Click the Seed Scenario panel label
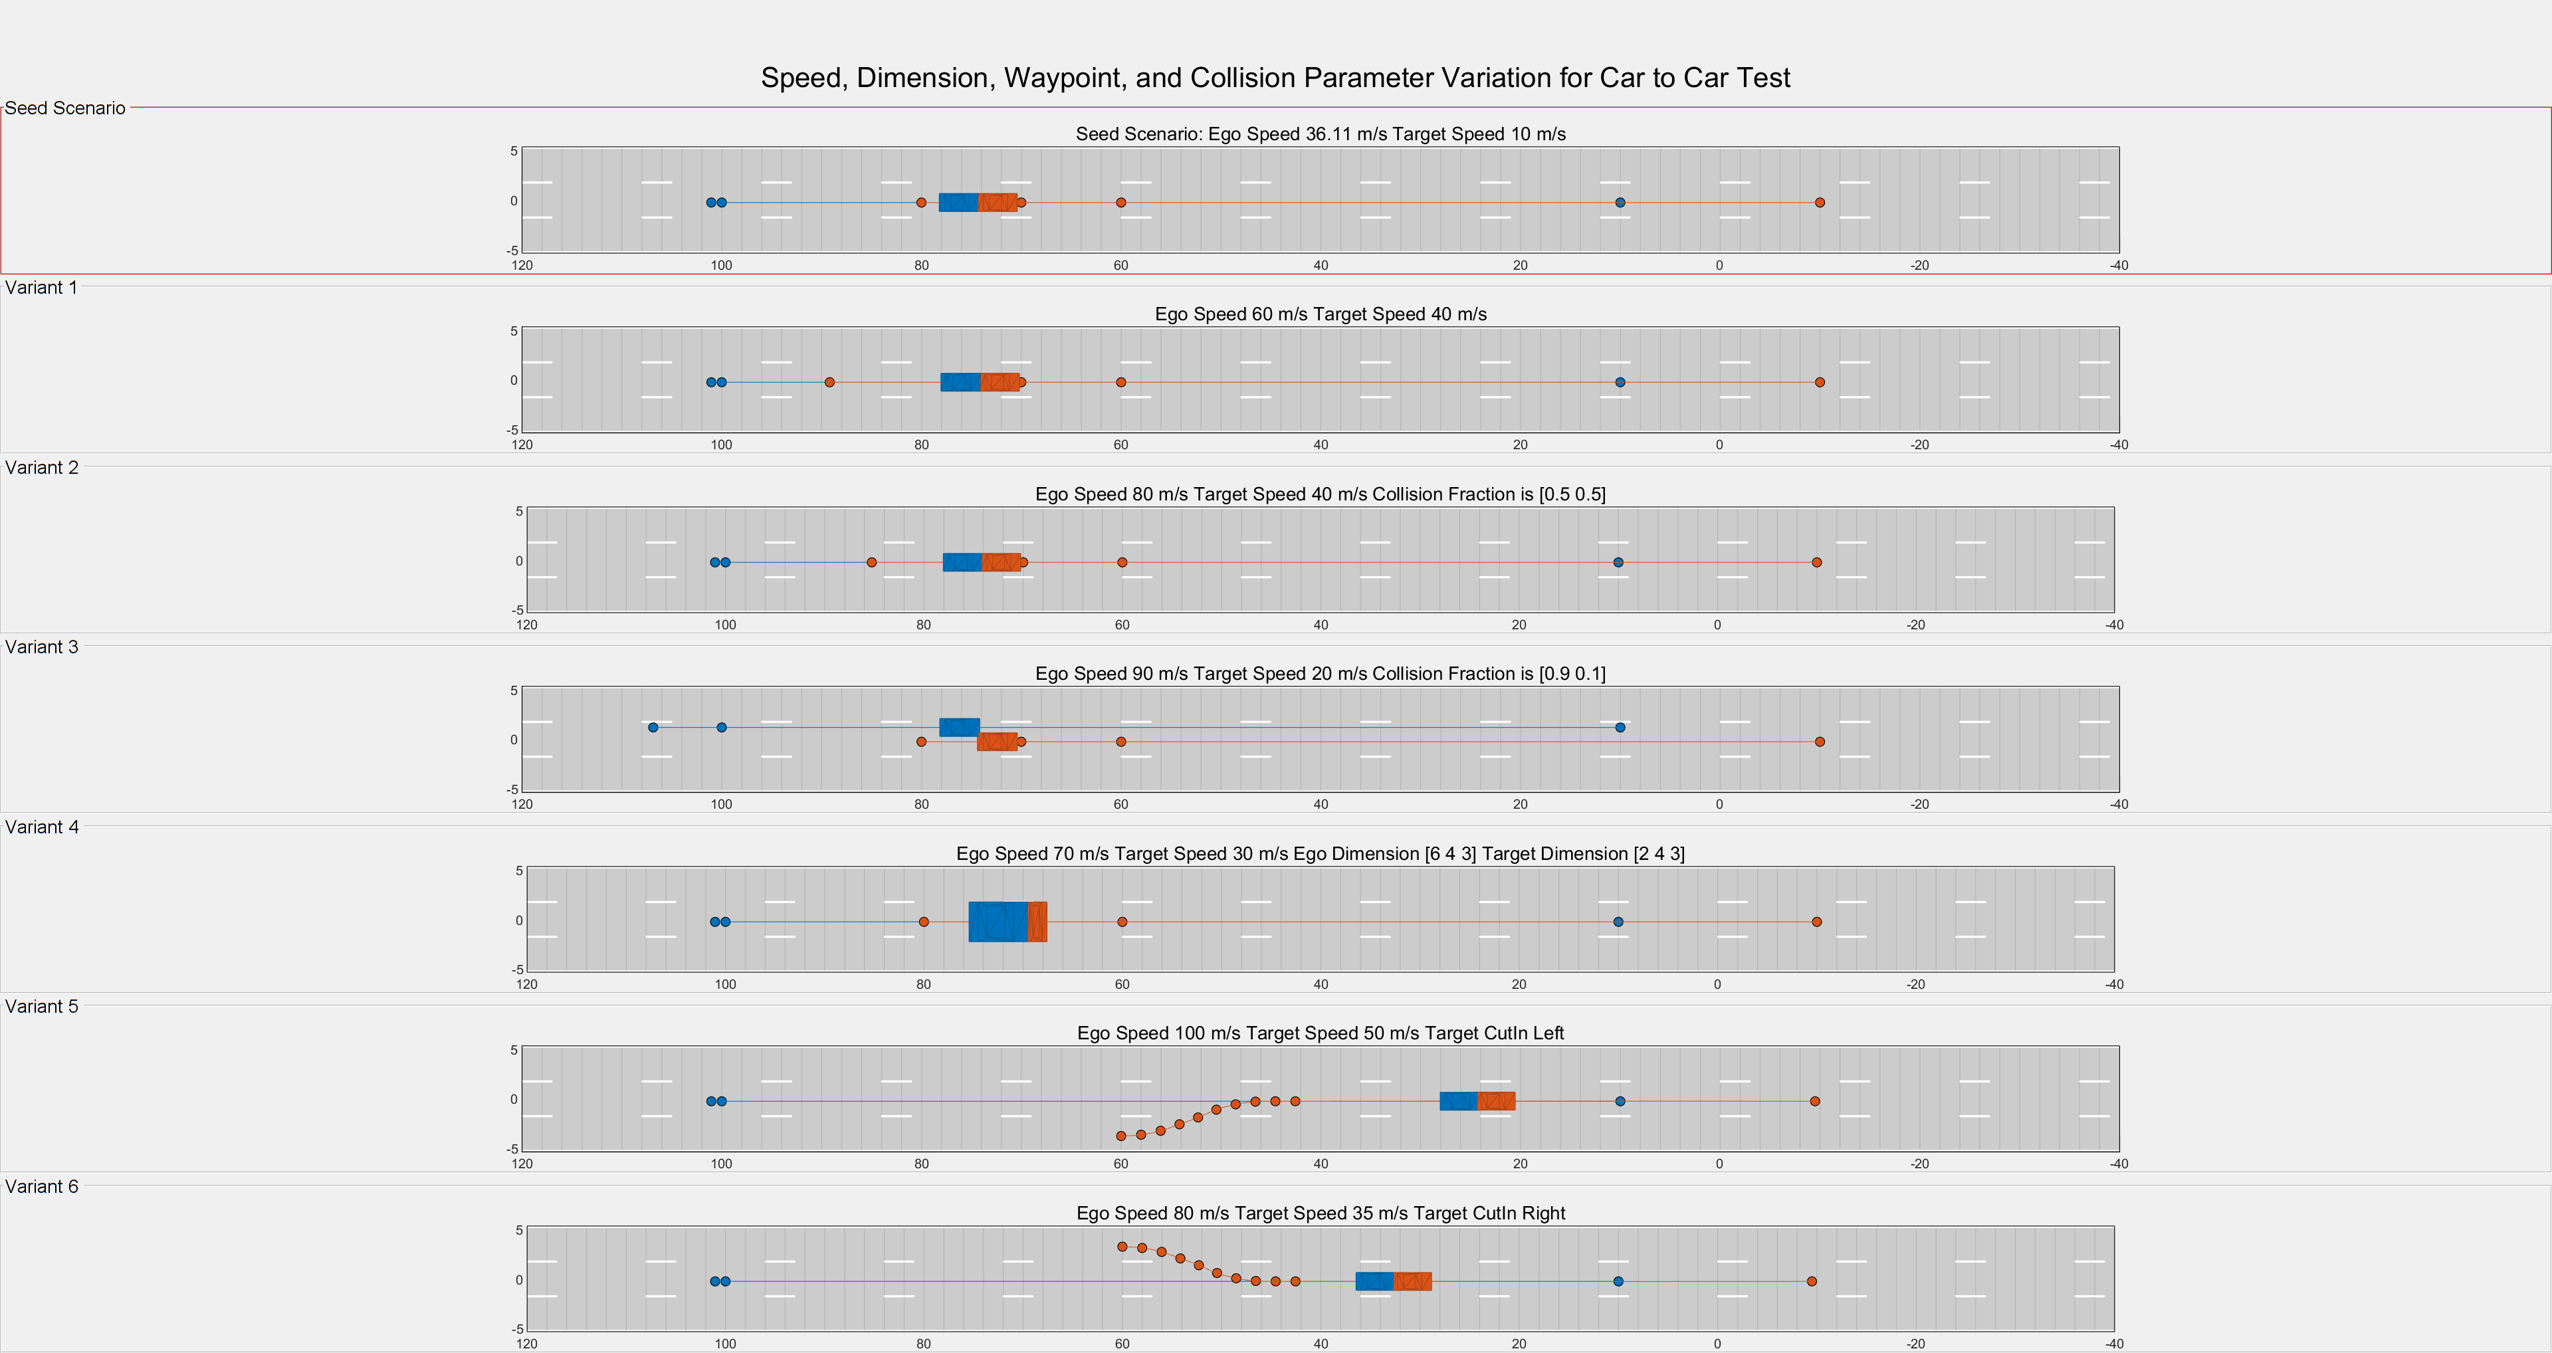coord(65,108)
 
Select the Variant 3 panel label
coord(42,647)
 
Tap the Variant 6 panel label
coord(42,1187)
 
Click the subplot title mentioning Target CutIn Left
coord(1320,1033)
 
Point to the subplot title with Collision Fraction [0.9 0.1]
coord(1320,674)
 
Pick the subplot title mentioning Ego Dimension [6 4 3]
coord(1320,854)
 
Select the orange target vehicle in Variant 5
coord(1496,1101)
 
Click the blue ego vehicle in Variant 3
coord(959,727)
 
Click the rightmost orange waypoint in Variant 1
coord(1820,382)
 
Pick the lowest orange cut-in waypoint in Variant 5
coord(1120,1136)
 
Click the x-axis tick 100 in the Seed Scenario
coord(721,265)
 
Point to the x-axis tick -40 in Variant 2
coord(2114,625)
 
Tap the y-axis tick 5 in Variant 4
coord(518,871)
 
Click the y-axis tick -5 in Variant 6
coord(516,1329)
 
